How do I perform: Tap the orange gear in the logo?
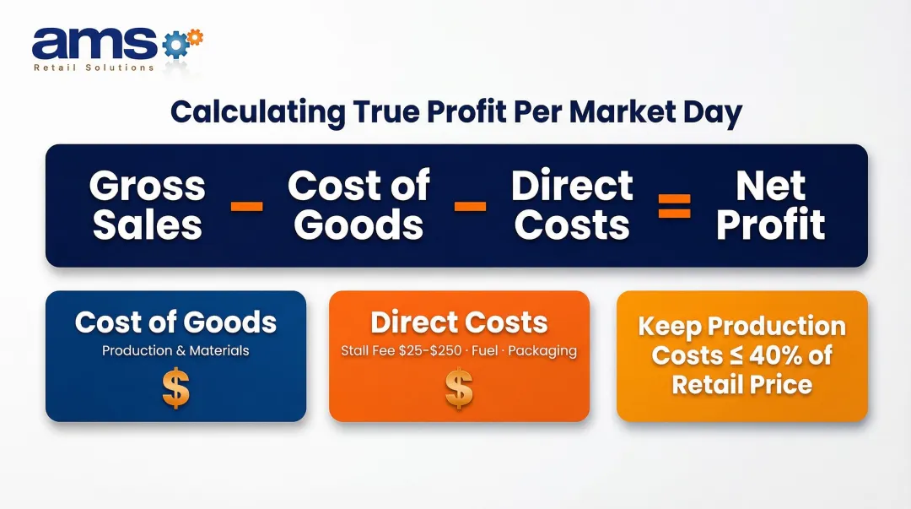coord(193,36)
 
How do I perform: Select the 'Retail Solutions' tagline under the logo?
coord(94,68)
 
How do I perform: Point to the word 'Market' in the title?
coord(609,111)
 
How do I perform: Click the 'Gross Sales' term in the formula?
coord(148,205)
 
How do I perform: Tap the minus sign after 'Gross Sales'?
coord(246,206)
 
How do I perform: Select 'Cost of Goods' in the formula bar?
coord(359,205)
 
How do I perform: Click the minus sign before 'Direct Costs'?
coord(470,206)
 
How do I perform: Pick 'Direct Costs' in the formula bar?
coord(572,205)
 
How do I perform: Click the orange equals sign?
coord(674,206)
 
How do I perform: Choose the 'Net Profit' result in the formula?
coord(770,205)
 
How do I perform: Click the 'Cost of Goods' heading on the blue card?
coord(175,322)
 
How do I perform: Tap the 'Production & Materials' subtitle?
coord(175,350)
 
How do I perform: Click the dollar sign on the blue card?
coord(175,388)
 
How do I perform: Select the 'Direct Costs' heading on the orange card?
coord(459,322)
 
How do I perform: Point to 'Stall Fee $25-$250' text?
coord(401,350)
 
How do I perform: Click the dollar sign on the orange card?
coord(459,388)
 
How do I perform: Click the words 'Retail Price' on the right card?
coord(741,385)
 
